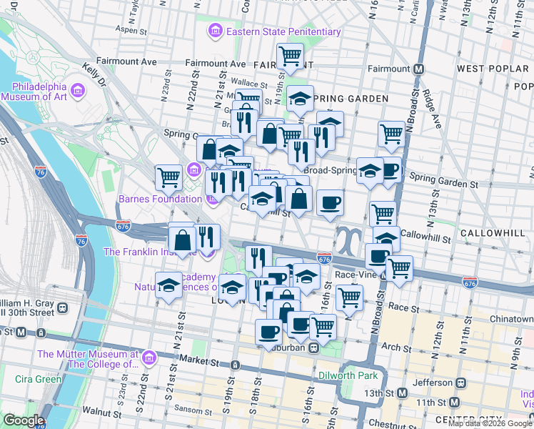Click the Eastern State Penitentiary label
[283, 31]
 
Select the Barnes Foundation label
[152, 199]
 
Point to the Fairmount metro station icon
[418, 69]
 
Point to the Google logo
[24, 420]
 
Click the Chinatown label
[513, 318]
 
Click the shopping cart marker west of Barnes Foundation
[168, 176]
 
